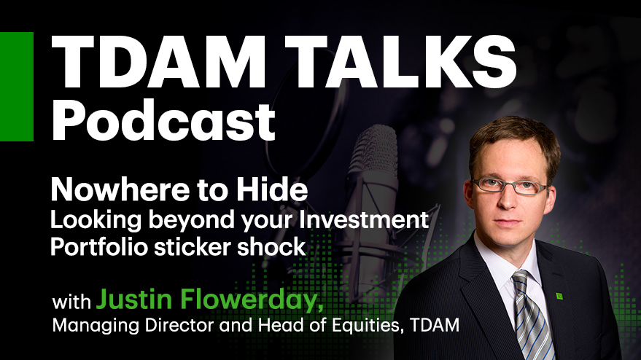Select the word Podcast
click(x=163, y=120)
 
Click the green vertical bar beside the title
click(x=17, y=87)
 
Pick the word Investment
click(x=364, y=219)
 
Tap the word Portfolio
click(x=99, y=247)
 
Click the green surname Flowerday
click(x=249, y=300)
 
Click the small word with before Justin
click(x=71, y=302)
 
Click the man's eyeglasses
click(x=508, y=186)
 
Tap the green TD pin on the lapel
click(x=559, y=295)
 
